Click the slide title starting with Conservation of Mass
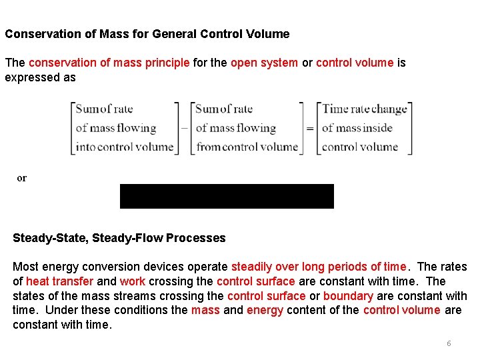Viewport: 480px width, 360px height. coord(147,33)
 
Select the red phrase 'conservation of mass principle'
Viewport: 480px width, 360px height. coord(109,63)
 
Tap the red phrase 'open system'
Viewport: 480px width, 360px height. coord(264,63)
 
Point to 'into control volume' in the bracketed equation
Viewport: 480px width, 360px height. coord(125,147)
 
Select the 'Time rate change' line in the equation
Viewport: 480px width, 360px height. coord(364,109)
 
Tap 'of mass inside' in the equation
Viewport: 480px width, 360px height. coord(357,128)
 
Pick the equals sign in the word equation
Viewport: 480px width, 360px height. coord(310,129)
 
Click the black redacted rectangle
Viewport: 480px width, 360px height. coord(227,197)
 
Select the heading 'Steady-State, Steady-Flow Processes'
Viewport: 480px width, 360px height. coord(119,238)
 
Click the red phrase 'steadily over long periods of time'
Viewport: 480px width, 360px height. coord(319,267)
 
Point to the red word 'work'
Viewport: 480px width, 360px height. coord(133,281)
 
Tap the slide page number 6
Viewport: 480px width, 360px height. coord(449,343)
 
